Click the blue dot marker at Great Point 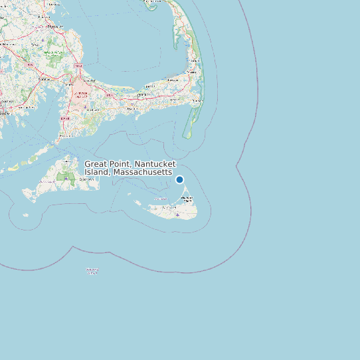click(x=179, y=179)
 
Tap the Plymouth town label click(x=53, y=27)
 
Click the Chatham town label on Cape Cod click(x=196, y=100)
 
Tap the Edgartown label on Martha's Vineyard click(x=86, y=179)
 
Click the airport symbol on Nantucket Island click(x=177, y=215)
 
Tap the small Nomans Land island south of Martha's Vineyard click(x=26, y=215)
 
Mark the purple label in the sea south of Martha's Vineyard click(x=92, y=270)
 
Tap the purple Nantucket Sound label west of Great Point click(x=161, y=199)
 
